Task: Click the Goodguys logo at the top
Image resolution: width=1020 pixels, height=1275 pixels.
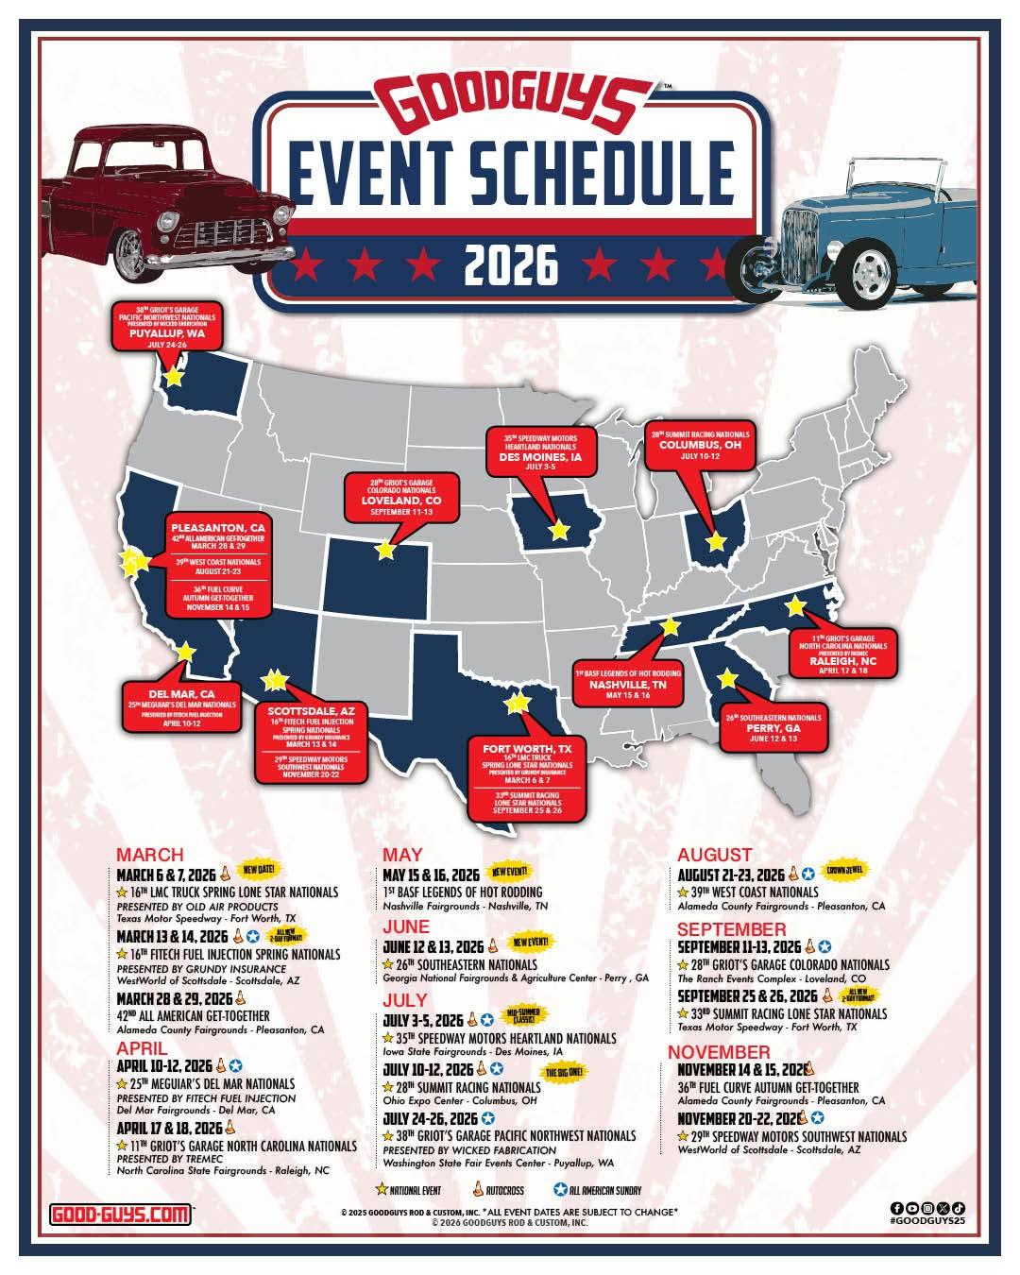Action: [509, 107]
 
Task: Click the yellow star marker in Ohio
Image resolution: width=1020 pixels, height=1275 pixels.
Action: [716, 542]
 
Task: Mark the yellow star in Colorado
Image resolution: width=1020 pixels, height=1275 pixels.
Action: [385, 549]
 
